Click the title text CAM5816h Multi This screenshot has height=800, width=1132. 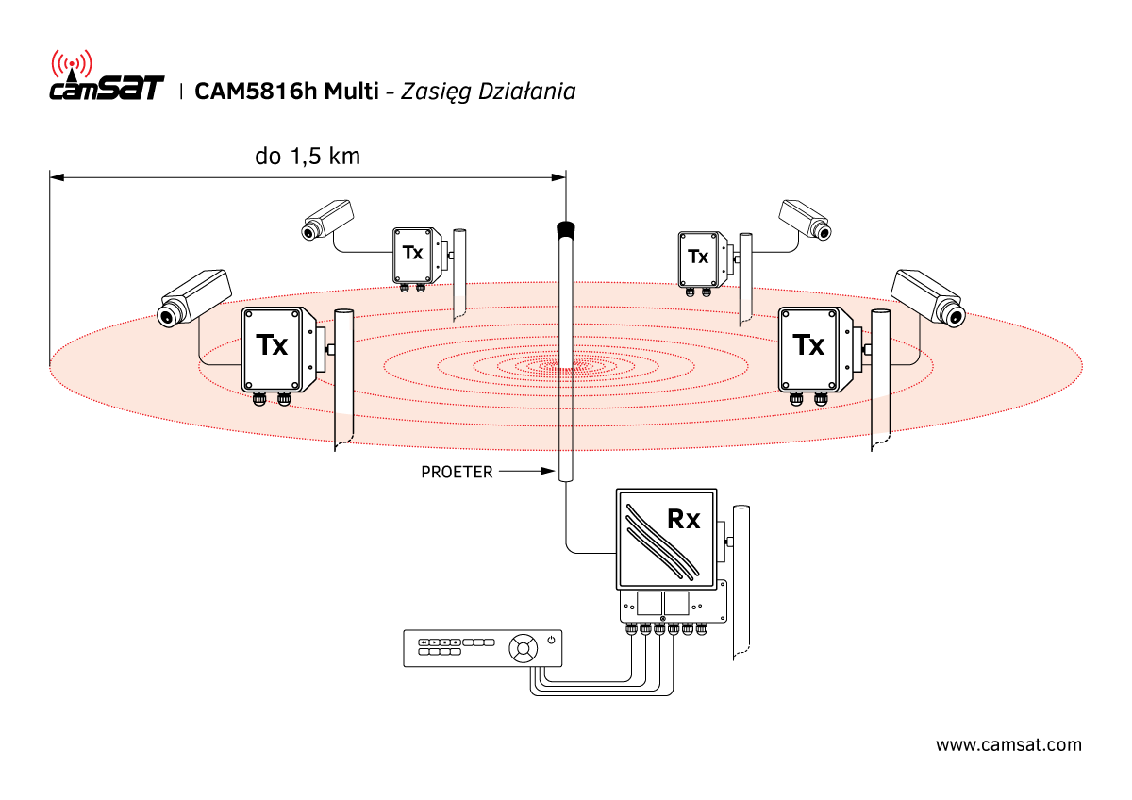(286, 92)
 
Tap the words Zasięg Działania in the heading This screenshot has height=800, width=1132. (488, 92)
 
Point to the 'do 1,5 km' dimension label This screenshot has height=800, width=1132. (308, 157)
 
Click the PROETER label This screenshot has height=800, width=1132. (457, 472)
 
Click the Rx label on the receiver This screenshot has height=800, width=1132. (683, 518)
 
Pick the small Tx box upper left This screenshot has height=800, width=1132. (413, 254)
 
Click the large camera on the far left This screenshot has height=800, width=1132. (193, 296)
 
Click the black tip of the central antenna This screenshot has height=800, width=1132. (566, 228)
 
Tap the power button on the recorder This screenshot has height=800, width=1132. (551, 642)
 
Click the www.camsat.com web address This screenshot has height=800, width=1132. (1008, 745)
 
